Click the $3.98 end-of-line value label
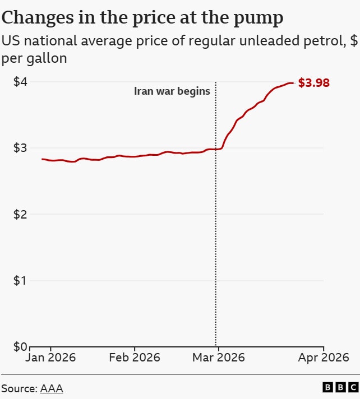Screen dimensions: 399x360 pyautogui.click(x=313, y=83)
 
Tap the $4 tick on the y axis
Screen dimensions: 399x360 pyautogui.click(x=20, y=82)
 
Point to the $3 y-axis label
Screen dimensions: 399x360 pyautogui.click(x=20, y=148)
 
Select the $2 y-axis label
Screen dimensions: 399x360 pyautogui.click(x=20, y=214)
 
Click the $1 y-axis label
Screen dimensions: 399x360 pyautogui.click(x=20, y=280)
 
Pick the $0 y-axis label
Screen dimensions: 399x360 pyautogui.click(x=20, y=346)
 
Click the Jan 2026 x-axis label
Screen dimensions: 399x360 pyautogui.click(x=50, y=358)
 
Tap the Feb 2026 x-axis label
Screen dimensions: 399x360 pyautogui.click(x=134, y=358)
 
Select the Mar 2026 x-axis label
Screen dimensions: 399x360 pyautogui.click(x=218, y=358)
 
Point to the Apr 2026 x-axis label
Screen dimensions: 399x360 pyautogui.click(x=324, y=358)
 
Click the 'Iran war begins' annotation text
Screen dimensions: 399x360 pyautogui.click(x=172, y=91)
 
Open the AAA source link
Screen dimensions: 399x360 pyautogui.click(x=52, y=388)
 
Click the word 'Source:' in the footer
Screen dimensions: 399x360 pyautogui.click(x=19, y=388)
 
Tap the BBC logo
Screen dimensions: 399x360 pyautogui.click(x=340, y=387)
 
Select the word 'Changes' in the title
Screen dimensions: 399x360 pyautogui.click(x=38, y=18)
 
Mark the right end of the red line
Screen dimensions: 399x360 pyautogui.click(x=293, y=83)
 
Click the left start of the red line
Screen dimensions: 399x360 pyautogui.click(x=42, y=159)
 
